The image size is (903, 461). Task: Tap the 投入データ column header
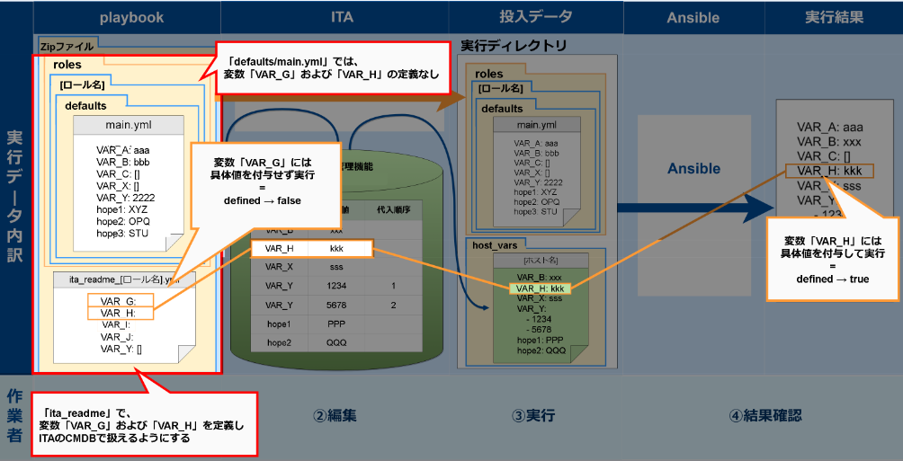[535, 16]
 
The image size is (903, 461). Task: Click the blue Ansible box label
[693, 168]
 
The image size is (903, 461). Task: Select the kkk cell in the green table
[337, 248]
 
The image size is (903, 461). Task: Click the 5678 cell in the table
[337, 306]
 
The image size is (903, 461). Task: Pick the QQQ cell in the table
[337, 343]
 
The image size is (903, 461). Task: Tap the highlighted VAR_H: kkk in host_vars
[539, 288]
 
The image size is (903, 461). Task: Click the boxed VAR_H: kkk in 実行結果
[828, 171]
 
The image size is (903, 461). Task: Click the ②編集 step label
[335, 416]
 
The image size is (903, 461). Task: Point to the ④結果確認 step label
[764, 416]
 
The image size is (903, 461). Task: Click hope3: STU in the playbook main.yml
[123, 233]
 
